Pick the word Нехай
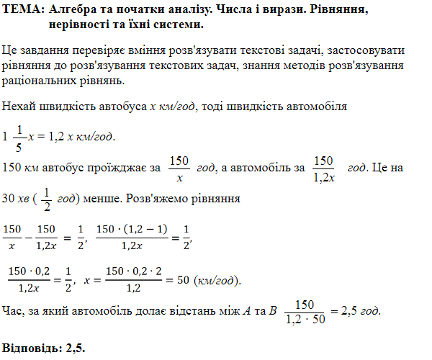click(x=18, y=107)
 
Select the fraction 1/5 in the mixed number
click(x=19, y=136)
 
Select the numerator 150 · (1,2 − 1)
click(x=132, y=229)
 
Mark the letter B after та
click(x=271, y=312)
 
